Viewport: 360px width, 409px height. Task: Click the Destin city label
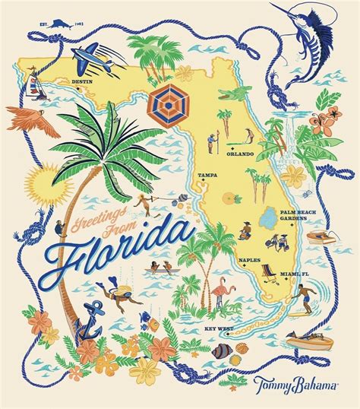pos(81,79)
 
